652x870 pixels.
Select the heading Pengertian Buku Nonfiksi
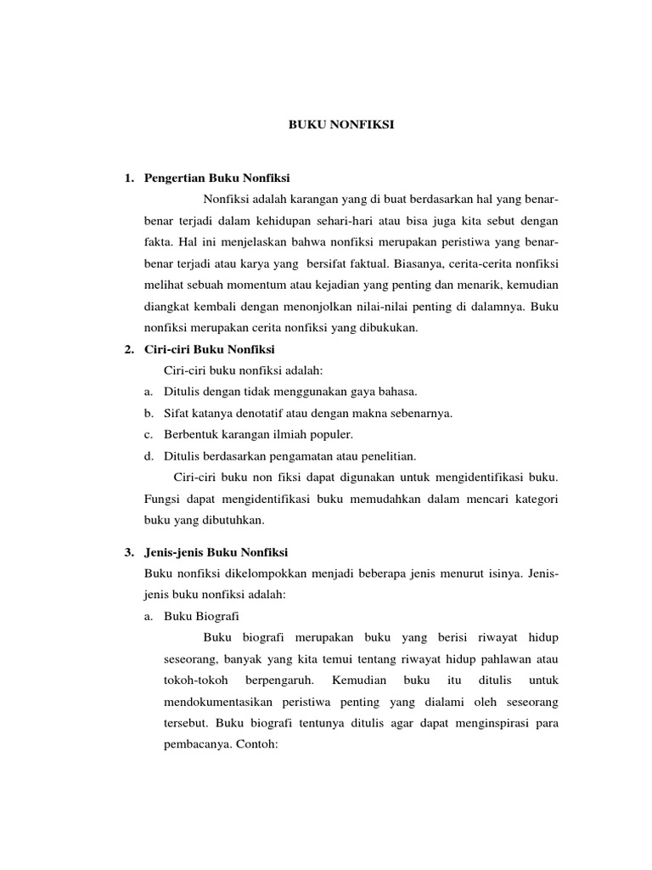point(217,178)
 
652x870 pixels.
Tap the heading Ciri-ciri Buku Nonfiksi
point(210,349)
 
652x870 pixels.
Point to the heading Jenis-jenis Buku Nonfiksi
point(216,551)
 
